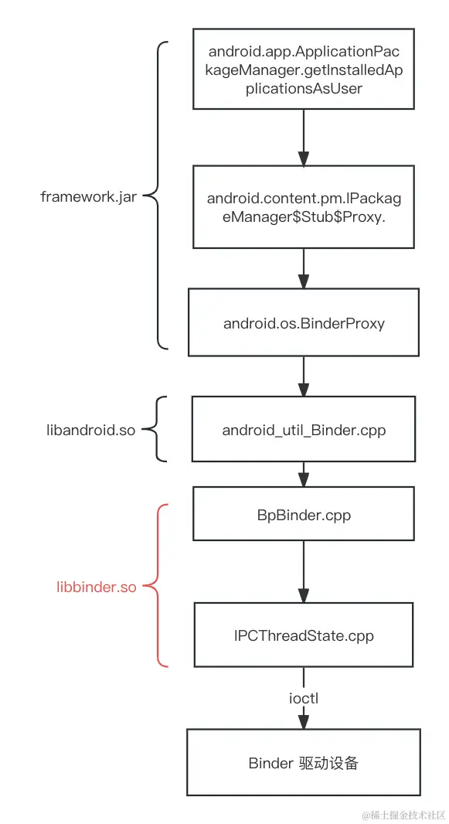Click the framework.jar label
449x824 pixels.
pyautogui.click(x=89, y=196)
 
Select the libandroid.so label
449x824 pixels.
pyautogui.click(x=91, y=430)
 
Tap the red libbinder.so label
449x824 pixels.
pyautogui.click(x=97, y=587)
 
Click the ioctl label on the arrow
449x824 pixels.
pyautogui.click(x=304, y=698)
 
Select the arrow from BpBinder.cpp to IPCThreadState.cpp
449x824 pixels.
pyautogui.click(x=304, y=571)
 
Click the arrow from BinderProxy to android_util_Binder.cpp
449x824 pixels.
pyautogui.click(x=304, y=376)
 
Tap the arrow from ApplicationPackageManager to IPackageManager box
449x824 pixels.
pyautogui.click(x=304, y=138)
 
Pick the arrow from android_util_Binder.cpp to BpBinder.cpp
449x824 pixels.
pyautogui.click(x=304, y=475)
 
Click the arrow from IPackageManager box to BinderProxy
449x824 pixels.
pyautogui.click(x=304, y=268)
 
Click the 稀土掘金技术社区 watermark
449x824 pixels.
pyautogui.click(x=403, y=815)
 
